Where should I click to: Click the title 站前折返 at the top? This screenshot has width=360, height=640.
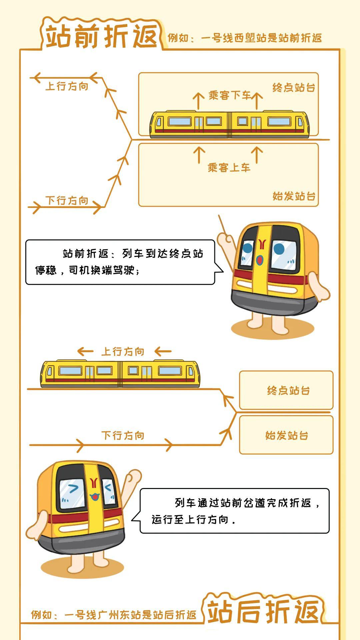(x=101, y=36)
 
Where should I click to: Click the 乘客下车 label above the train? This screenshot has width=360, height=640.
(x=230, y=95)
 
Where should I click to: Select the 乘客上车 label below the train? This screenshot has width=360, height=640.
(x=229, y=167)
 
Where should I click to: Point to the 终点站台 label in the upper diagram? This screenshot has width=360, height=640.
(x=294, y=88)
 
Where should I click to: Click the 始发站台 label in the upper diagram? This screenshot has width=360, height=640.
(x=294, y=196)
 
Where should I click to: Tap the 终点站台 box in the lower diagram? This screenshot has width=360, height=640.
(x=286, y=390)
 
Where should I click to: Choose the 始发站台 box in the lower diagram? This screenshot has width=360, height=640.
(x=286, y=435)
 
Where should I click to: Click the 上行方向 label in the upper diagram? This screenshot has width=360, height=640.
(x=67, y=86)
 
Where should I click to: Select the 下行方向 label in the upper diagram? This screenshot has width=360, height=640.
(x=67, y=201)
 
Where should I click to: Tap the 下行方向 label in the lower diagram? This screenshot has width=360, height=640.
(x=123, y=436)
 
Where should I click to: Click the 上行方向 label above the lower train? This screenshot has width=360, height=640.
(x=123, y=352)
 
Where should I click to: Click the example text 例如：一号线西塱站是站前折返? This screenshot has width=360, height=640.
(x=245, y=38)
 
